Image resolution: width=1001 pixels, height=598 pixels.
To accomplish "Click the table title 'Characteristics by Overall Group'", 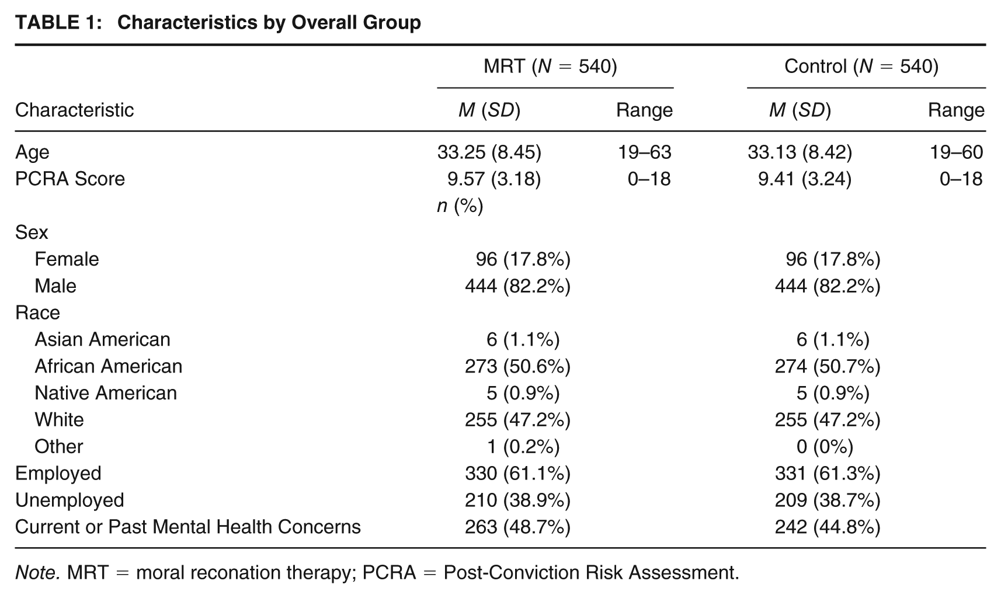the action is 269,22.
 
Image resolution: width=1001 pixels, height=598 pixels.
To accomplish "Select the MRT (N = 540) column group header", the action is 551,67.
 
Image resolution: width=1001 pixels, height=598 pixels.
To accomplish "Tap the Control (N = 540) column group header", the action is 861,67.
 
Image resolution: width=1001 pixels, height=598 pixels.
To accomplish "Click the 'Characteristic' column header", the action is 74,110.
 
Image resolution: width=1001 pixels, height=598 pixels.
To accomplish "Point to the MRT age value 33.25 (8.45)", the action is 489,152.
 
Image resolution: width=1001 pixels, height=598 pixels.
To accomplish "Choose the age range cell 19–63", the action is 644,152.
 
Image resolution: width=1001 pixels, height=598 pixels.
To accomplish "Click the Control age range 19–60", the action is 956,152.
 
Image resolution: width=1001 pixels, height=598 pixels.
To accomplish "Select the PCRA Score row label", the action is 70,179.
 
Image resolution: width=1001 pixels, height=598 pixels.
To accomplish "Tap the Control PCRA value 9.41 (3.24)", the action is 805,179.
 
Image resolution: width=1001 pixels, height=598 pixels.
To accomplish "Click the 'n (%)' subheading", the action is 460,206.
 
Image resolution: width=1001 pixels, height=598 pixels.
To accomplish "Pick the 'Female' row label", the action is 67,259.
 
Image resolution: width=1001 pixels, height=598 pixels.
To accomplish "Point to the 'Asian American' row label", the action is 102,340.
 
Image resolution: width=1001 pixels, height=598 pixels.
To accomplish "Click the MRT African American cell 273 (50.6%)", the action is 518,367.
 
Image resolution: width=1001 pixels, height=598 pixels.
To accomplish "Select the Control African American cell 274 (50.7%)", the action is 828,367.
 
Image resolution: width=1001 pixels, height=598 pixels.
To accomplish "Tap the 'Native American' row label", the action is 106,393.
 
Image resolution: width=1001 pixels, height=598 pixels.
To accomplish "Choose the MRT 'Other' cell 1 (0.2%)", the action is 523,447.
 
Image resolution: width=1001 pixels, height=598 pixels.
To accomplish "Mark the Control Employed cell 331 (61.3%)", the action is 828,474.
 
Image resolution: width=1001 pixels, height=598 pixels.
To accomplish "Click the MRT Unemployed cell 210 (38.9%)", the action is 518,500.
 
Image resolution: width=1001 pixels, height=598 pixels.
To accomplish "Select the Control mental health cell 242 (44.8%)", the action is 828,527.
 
